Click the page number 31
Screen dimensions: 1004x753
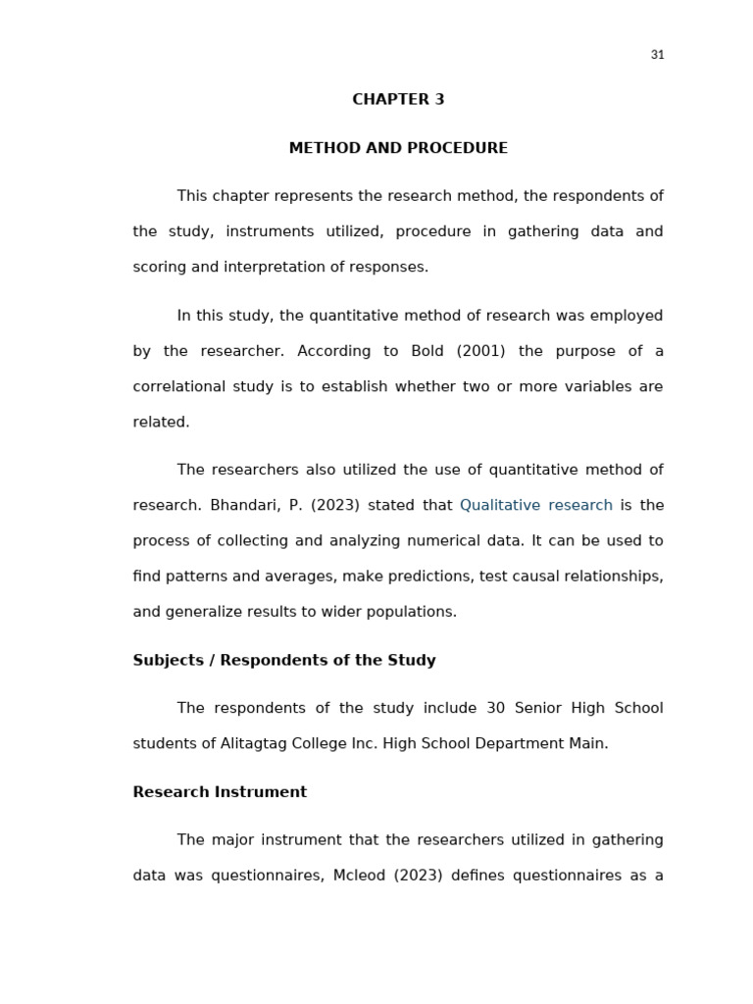(x=657, y=55)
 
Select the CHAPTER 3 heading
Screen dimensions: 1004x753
(x=398, y=99)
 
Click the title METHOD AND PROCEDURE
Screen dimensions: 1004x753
(x=398, y=148)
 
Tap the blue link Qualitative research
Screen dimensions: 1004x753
(x=535, y=505)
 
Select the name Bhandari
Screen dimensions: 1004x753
(x=241, y=505)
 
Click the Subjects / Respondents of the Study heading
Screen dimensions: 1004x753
(x=284, y=660)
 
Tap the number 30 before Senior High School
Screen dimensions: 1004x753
(x=495, y=708)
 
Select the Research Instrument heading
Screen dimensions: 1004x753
(x=220, y=792)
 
